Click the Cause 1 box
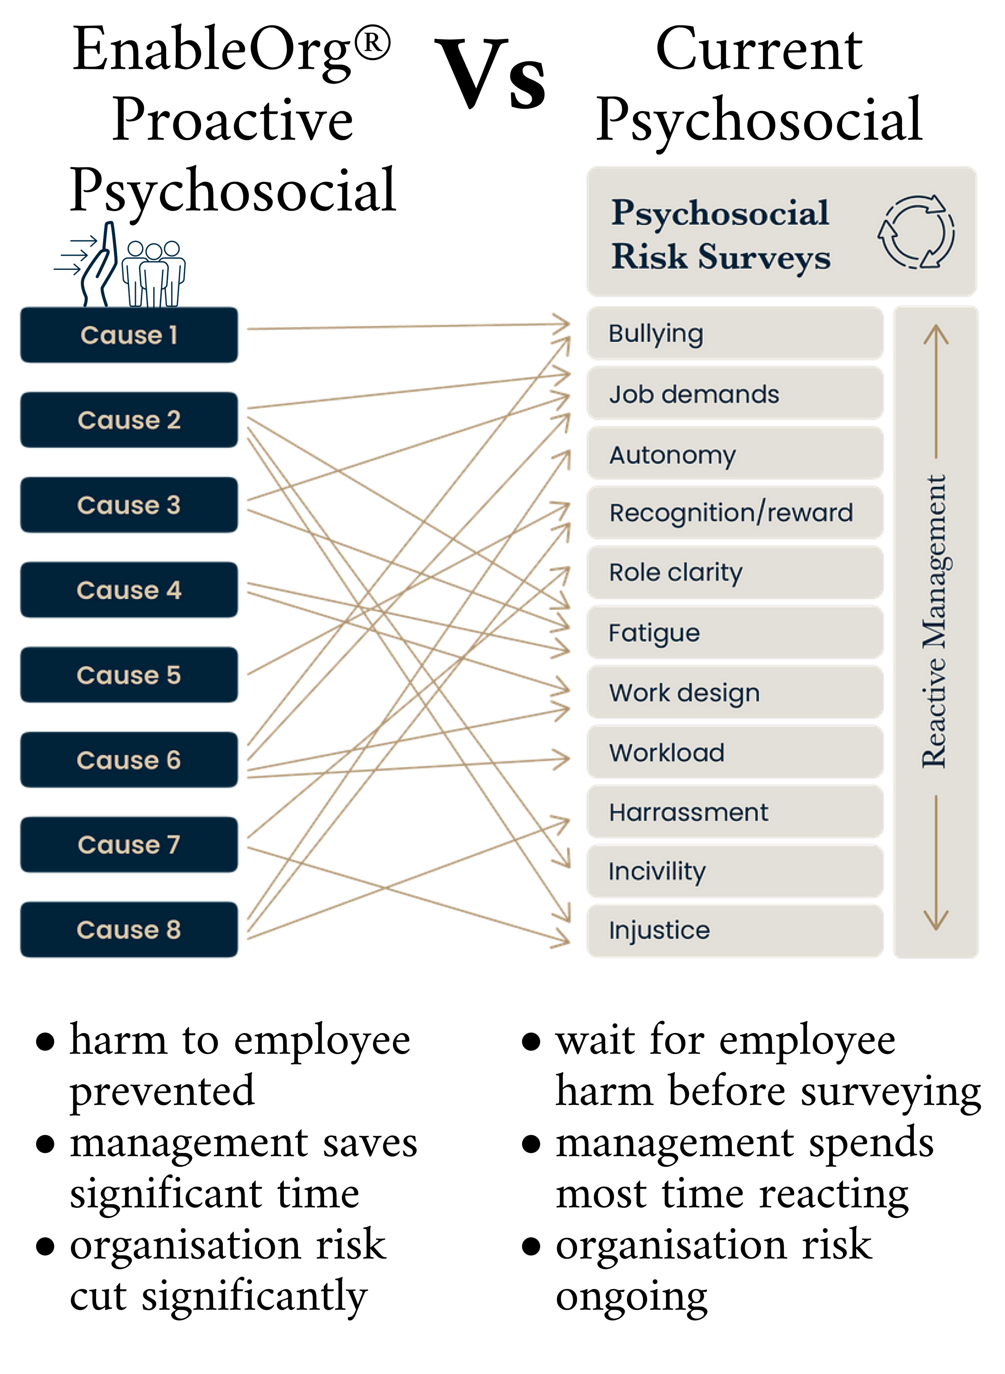pyautogui.click(x=129, y=335)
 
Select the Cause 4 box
pyautogui.click(x=129, y=590)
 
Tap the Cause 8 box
pyautogui.click(x=129, y=929)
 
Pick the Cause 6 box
pyautogui.click(x=129, y=760)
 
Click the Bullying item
pyautogui.click(x=734, y=333)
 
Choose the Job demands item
pyautogui.click(x=734, y=394)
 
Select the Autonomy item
pyautogui.click(x=734, y=454)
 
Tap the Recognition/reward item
pyautogui.click(x=734, y=513)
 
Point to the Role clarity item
pyautogui.click(x=734, y=572)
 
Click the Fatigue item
pyautogui.click(x=734, y=633)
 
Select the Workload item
pyautogui.click(x=734, y=752)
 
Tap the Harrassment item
pyautogui.click(x=734, y=812)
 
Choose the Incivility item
pyautogui.click(x=734, y=871)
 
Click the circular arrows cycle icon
pyautogui.click(x=916, y=232)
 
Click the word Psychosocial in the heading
pyautogui.click(x=720, y=213)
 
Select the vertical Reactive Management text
pyautogui.click(x=935, y=620)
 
